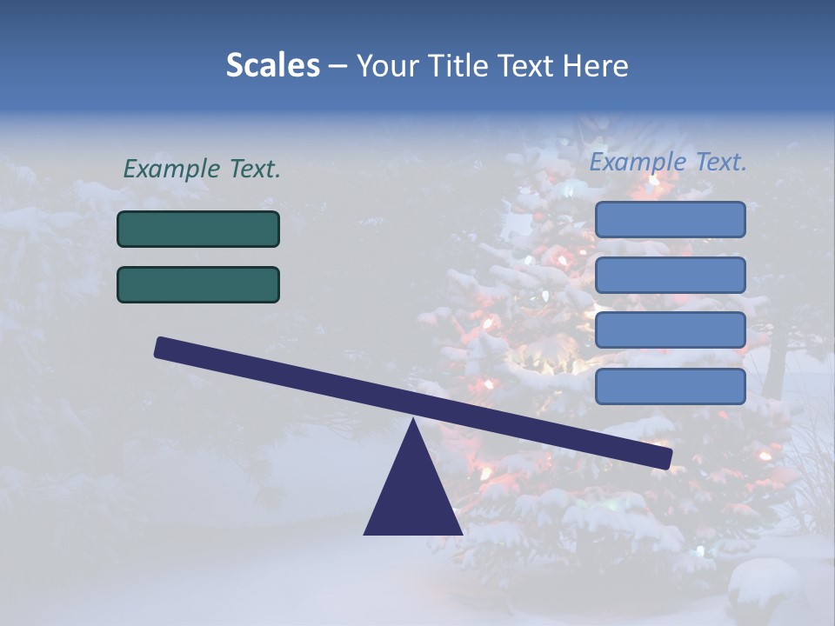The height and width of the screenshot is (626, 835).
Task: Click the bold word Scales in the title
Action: pyautogui.click(x=273, y=65)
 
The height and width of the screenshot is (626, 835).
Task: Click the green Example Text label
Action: pyautogui.click(x=202, y=170)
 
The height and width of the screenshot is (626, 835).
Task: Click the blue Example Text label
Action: pyautogui.click(x=668, y=162)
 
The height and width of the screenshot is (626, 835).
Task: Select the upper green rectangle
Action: pyautogui.click(x=198, y=229)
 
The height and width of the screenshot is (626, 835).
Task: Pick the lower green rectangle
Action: pyautogui.click(x=198, y=284)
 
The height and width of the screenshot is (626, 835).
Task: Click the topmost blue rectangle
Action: pyautogui.click(x=670, y=219)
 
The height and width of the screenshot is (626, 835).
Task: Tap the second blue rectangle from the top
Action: pyautogui.click(x=670, y=275)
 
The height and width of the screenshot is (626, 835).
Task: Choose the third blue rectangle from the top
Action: pyautogui.click(x=670, y=330)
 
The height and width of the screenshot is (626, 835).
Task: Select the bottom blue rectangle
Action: pyautogui.click(x=670, y=386)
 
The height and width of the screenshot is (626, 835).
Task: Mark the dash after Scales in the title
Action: pyautogui.click(x=337, y=66)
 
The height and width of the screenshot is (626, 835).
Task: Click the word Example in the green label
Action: pyautogui.click(x=171, y=170)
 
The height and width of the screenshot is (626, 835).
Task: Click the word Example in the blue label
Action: pyautogui.click(x=638, y=162)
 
